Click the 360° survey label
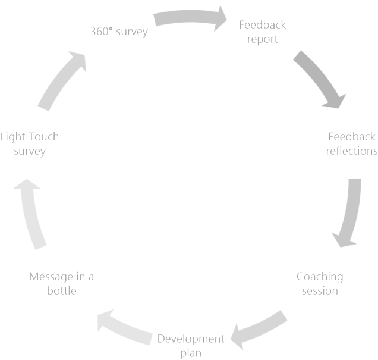coord(118,31)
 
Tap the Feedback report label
coord(263,32)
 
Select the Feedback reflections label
coord(352,144)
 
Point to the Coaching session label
coord(320,283)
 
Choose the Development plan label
coord(191,346)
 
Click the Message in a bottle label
coord(62,284)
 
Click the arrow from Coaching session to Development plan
coord(259,330)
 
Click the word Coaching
coord(320,277)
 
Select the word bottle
coord(62,291)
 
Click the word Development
coord(191,339)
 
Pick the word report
coord(263,39)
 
